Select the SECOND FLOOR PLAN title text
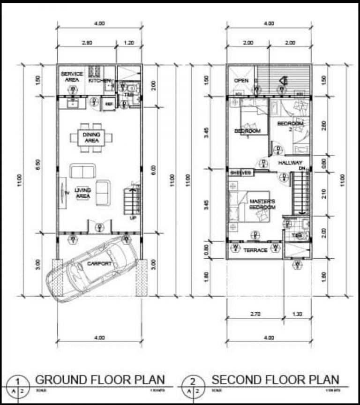(275, 379)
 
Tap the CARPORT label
(99, 264)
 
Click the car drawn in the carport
(94, 270)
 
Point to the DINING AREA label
(91, 137)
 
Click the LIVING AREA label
(82, 193)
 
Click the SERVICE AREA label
(72, 77)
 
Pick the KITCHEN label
(99, 80)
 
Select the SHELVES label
(240, 172)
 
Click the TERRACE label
(255, 250)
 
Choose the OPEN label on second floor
(241, 80)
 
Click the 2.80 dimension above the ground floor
(86, 42)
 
